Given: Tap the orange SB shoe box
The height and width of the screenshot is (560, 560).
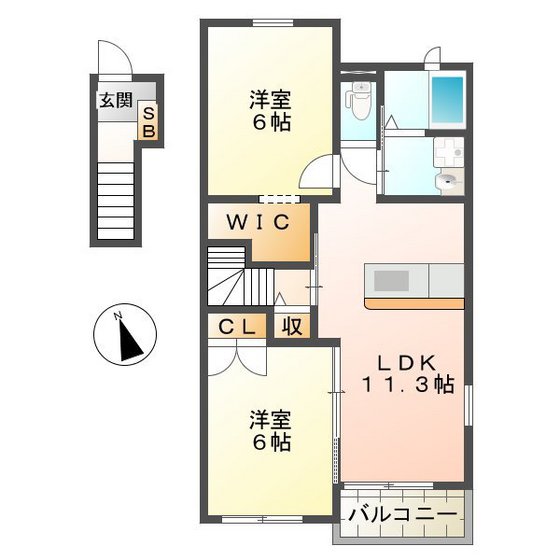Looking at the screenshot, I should point(147,122).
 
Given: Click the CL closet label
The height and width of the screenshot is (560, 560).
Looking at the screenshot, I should point(237,325).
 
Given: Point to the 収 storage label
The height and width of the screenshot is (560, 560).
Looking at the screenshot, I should point(292,325).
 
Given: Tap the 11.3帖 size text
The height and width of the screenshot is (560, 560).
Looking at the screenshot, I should point(409,385).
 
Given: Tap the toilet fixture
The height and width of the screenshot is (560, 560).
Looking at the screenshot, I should point(358,100).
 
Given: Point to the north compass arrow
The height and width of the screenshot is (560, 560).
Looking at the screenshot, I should point(128,339).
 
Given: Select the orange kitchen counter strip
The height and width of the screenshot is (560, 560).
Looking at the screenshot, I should point(413,302).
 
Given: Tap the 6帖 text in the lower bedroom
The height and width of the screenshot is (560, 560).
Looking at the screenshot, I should point(270,441).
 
